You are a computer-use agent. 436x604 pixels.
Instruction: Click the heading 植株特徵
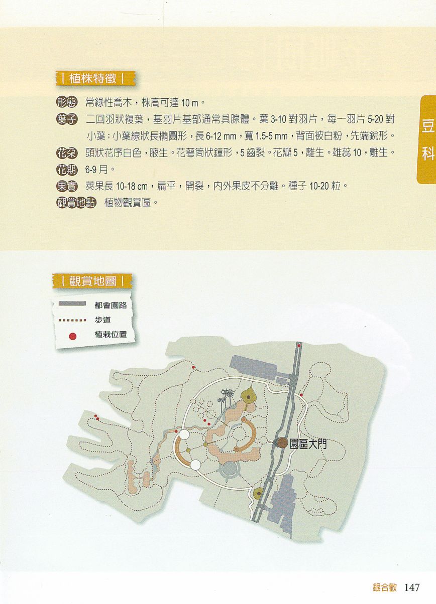pos(92,78)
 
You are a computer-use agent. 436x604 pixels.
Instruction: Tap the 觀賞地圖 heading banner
pos(92,281)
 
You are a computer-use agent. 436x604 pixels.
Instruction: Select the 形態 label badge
pos(67,102)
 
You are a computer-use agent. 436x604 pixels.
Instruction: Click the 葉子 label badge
pos(67,119)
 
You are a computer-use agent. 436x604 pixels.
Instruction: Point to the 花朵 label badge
pos(67,153)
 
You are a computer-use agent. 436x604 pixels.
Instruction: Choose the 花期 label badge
pos(67,170)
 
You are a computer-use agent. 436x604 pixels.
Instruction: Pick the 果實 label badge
pos(67,186)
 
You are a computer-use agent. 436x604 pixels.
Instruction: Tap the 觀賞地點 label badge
pos(76,203)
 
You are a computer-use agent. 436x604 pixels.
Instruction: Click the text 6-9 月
pos(96,170)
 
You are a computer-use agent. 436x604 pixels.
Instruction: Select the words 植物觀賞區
pos(128,203)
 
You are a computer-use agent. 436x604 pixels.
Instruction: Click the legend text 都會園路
pos(111,305)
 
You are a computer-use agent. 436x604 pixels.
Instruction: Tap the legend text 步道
pos(102,320)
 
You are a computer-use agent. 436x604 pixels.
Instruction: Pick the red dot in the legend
pos(73,336)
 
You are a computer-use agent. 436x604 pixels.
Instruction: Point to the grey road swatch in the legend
pos(72,304)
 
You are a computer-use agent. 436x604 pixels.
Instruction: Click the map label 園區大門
pos(308,444)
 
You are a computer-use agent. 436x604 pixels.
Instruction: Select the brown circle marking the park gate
pos(282,443)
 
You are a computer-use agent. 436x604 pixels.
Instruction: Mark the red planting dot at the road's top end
pos(299,345)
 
